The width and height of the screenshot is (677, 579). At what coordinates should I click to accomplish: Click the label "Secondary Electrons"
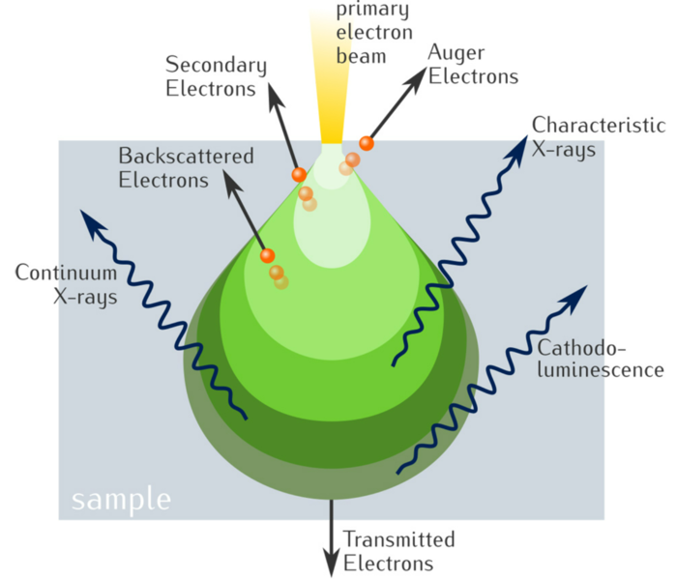(x=216, y=77)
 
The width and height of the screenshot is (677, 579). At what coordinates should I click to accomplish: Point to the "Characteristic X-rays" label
(x=598, y=136)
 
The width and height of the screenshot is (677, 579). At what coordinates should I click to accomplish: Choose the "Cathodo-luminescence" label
(x=600, y=359)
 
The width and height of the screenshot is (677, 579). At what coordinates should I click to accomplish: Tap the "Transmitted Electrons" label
(x=398, y=551)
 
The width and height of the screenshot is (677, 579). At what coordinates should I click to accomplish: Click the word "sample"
(x=121, y=500)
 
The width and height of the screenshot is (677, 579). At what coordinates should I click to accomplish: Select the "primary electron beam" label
(x=371, y=33)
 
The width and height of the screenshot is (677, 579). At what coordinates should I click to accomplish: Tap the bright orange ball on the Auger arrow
(x=366, y=143)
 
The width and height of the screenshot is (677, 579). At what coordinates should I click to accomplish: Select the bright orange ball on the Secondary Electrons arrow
(x=299, y=174)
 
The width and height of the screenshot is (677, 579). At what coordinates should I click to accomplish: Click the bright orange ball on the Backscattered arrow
(x=267, y=255)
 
